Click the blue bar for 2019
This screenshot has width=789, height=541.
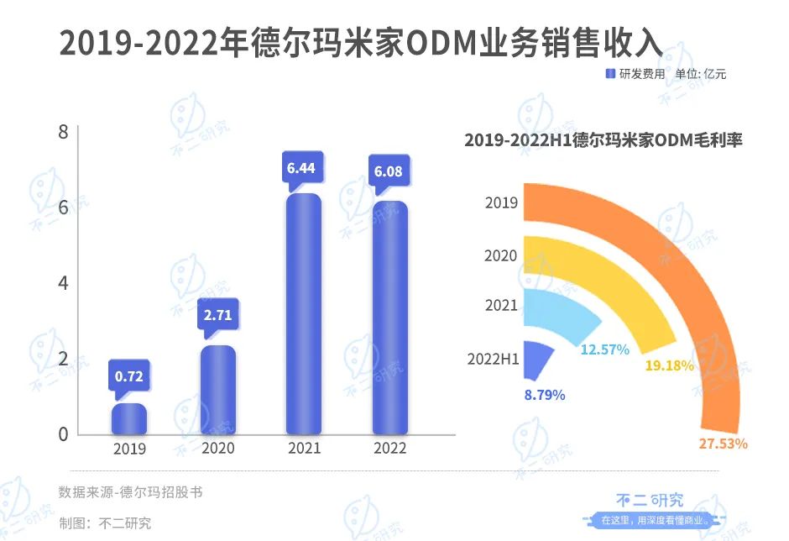[x=129, y=419]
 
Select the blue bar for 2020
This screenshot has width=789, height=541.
[x=217, y=391]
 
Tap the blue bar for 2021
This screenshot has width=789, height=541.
[x=303, y=314]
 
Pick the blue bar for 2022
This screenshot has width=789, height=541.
[x=389, y=318]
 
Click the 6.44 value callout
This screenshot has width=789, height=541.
[x=300, y=169]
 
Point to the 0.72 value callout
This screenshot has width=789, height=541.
[x=128, y=376]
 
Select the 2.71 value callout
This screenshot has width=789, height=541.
[x=217, y=317]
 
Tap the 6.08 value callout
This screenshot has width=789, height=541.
[x=389, y=172]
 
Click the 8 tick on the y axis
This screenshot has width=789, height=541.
[x=62, y=131]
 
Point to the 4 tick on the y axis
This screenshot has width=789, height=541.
[x=62, y=283]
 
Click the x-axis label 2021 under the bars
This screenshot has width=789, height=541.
[x=303, y=449]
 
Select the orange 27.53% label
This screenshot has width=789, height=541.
[x=723, y=443]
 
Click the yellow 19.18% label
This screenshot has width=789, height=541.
[x=669, y=365]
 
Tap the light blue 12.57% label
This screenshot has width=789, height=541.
[x=604, y=349]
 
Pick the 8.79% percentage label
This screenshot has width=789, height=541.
[x=545, y=394]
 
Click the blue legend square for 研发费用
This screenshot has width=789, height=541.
[x=610, y=74]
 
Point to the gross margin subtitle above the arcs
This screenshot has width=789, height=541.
[x=603, y=141]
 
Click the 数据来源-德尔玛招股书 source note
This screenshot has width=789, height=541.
[x=130, y=492]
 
